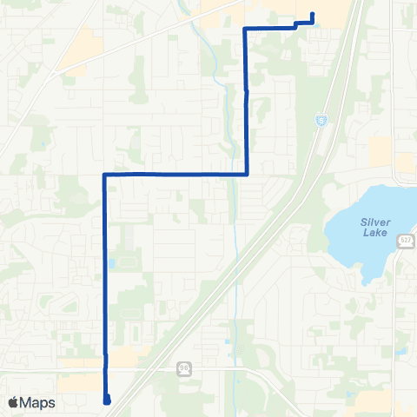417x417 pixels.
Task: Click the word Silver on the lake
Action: click(x=374, y=222)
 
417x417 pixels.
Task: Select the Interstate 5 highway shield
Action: click(x=321, y=119)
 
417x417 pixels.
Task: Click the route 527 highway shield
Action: click(x=406, y=241)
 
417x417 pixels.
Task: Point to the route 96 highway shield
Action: click(x=182, y=367)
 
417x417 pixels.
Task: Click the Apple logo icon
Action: click(x=13, y=402)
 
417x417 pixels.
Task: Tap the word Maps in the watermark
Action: click(x=38, y=402)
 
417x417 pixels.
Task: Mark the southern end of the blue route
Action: click(x=106, y=400)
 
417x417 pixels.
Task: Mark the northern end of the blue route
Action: click(x=312, y=14)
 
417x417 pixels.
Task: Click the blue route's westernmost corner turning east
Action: click(x=104, y=175)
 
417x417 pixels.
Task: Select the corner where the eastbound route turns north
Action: click(x=248, y=174)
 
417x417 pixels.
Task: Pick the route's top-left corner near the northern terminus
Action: click(x=244, y=29)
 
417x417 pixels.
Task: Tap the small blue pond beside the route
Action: click(x=113, y=262)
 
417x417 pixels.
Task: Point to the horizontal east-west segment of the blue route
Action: click(x=174, y=174)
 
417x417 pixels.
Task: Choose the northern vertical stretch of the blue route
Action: click(x=247, y=104)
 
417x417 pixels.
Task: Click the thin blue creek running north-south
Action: click(x=235, y=217)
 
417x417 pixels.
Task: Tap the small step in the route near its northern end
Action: click(x=297, y=25)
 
